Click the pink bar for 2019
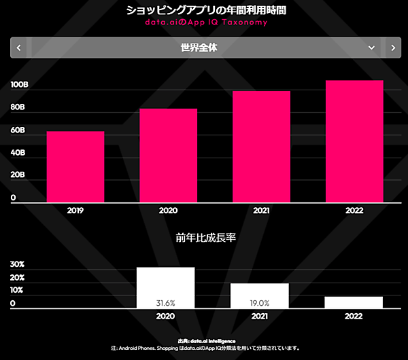(x=75, y=166)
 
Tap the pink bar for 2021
(x=262, y=146)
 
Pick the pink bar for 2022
(x=354, y=141)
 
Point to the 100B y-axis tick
(x=18, y=85)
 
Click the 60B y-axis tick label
(x=18, y=130)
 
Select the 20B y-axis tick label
(x=18, y=175)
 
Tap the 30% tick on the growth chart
(x=17, y=264)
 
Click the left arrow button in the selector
(x=18, y=48)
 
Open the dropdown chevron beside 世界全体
(x=371, y=48)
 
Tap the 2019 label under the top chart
(x=75, y=211)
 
